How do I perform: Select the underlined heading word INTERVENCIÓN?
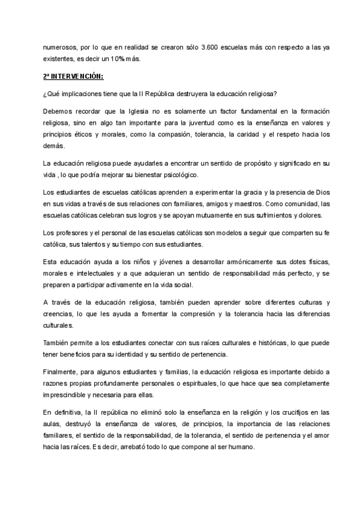pyautogui.click(x=77, y=77)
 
